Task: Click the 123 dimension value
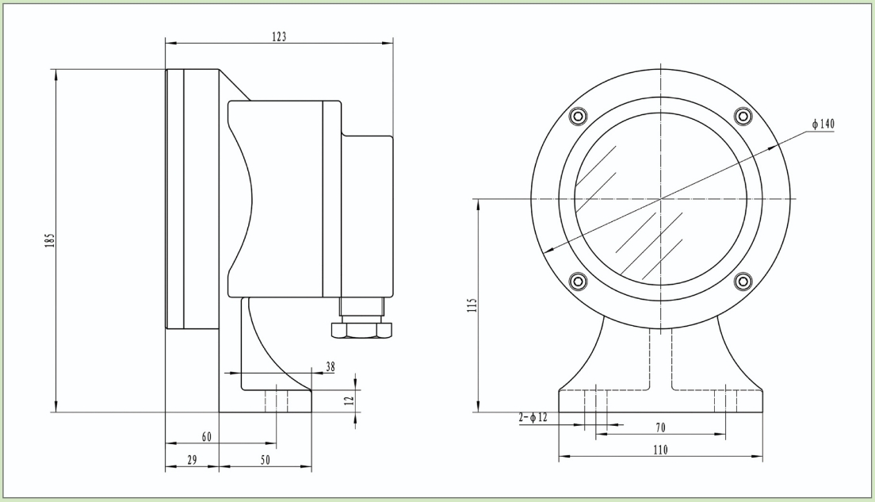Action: point(278,36)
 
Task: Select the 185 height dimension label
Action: point(48,240)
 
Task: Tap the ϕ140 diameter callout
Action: point(823,125)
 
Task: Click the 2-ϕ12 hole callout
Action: point(533,417)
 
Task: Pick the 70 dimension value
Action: point(660,427)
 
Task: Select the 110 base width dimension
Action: point(660,450)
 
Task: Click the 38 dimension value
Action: point(330,366)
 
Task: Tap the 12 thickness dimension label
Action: point(349,400)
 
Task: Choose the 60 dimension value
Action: point(207,437)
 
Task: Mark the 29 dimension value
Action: point(191,460)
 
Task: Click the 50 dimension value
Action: point(265,460)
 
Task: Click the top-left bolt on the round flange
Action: point(578,117)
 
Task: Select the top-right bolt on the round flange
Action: point(743,117)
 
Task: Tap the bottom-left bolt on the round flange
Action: point(578,281)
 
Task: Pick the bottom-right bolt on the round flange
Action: point(743,281)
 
